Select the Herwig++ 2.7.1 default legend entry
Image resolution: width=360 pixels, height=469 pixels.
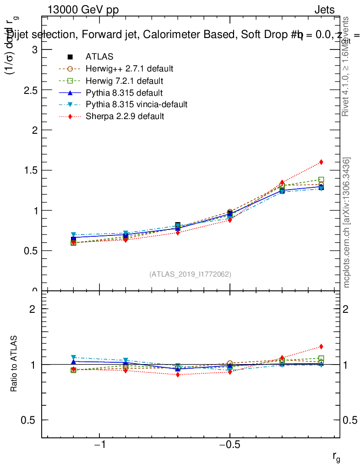(129, 69)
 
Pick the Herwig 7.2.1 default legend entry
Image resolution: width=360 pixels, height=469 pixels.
(125, 81)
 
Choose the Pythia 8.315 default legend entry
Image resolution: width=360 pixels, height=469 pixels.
(124, 93)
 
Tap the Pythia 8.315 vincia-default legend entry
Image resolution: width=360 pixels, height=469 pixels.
(136, 104)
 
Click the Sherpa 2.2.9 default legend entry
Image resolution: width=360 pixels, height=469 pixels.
(125, 116)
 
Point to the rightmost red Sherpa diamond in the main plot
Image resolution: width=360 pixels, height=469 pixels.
(321, 162)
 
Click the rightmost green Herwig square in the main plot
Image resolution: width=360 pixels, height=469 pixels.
(321, 180)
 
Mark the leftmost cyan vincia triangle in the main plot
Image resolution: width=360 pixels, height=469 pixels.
(73, 235)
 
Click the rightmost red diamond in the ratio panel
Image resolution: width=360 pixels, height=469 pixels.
(321, 346)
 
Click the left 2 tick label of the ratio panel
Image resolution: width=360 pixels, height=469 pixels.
(33, 309)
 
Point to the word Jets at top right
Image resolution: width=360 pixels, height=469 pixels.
(324, 10)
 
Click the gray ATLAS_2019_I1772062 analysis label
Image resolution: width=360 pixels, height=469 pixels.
(190, 274)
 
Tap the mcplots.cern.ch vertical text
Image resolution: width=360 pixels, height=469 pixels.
(347, 223)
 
